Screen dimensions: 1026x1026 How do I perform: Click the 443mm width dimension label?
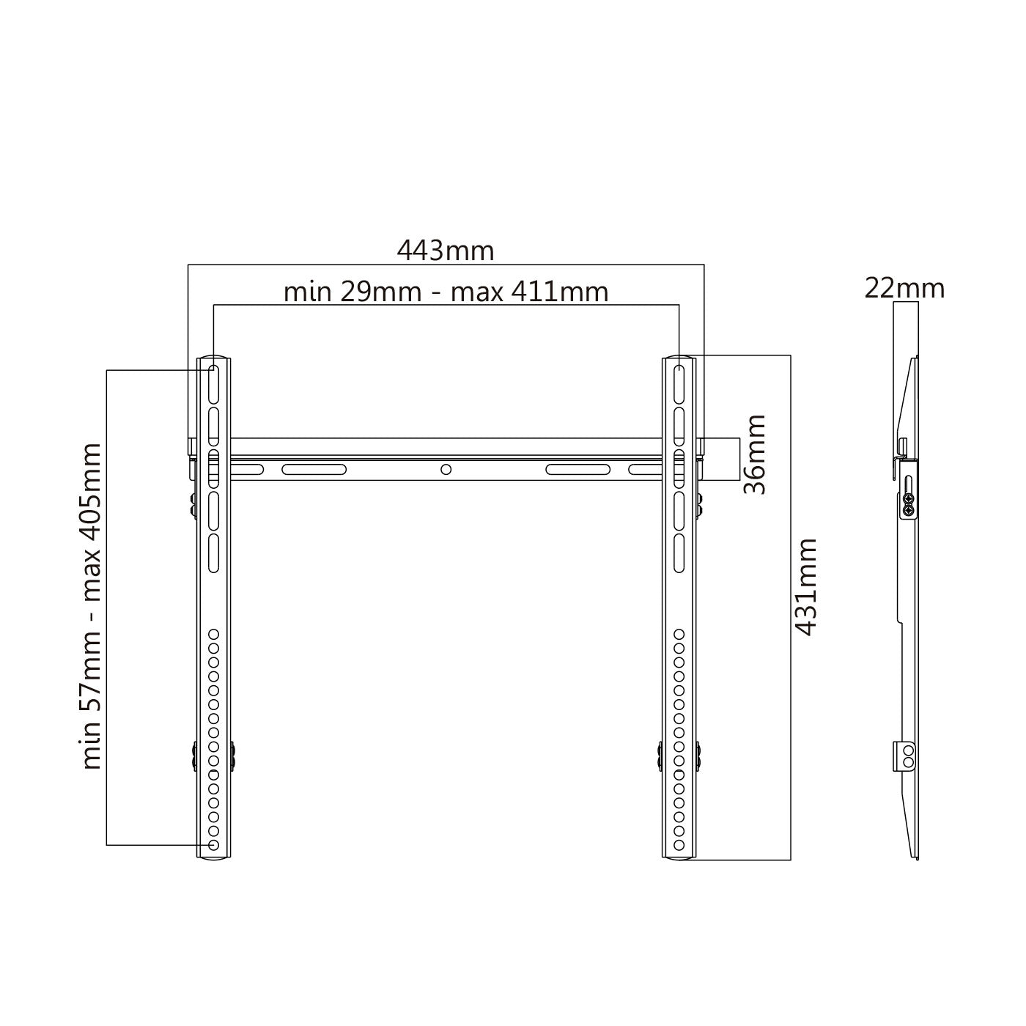pos(446,250)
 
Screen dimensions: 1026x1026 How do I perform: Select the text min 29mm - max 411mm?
pos(446,292)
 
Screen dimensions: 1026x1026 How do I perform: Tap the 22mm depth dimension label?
pos(904,289)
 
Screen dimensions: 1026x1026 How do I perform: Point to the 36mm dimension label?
pos(754,454)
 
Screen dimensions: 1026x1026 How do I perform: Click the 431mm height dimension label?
pos(805,587)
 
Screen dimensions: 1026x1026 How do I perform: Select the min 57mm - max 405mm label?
pos(90,606)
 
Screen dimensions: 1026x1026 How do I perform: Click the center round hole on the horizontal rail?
pos(446,470)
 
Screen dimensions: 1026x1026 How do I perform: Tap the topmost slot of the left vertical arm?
pos(213,385)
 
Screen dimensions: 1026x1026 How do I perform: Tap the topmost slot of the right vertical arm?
pos(679,385)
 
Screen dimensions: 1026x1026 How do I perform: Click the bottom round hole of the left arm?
pos(213,845)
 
